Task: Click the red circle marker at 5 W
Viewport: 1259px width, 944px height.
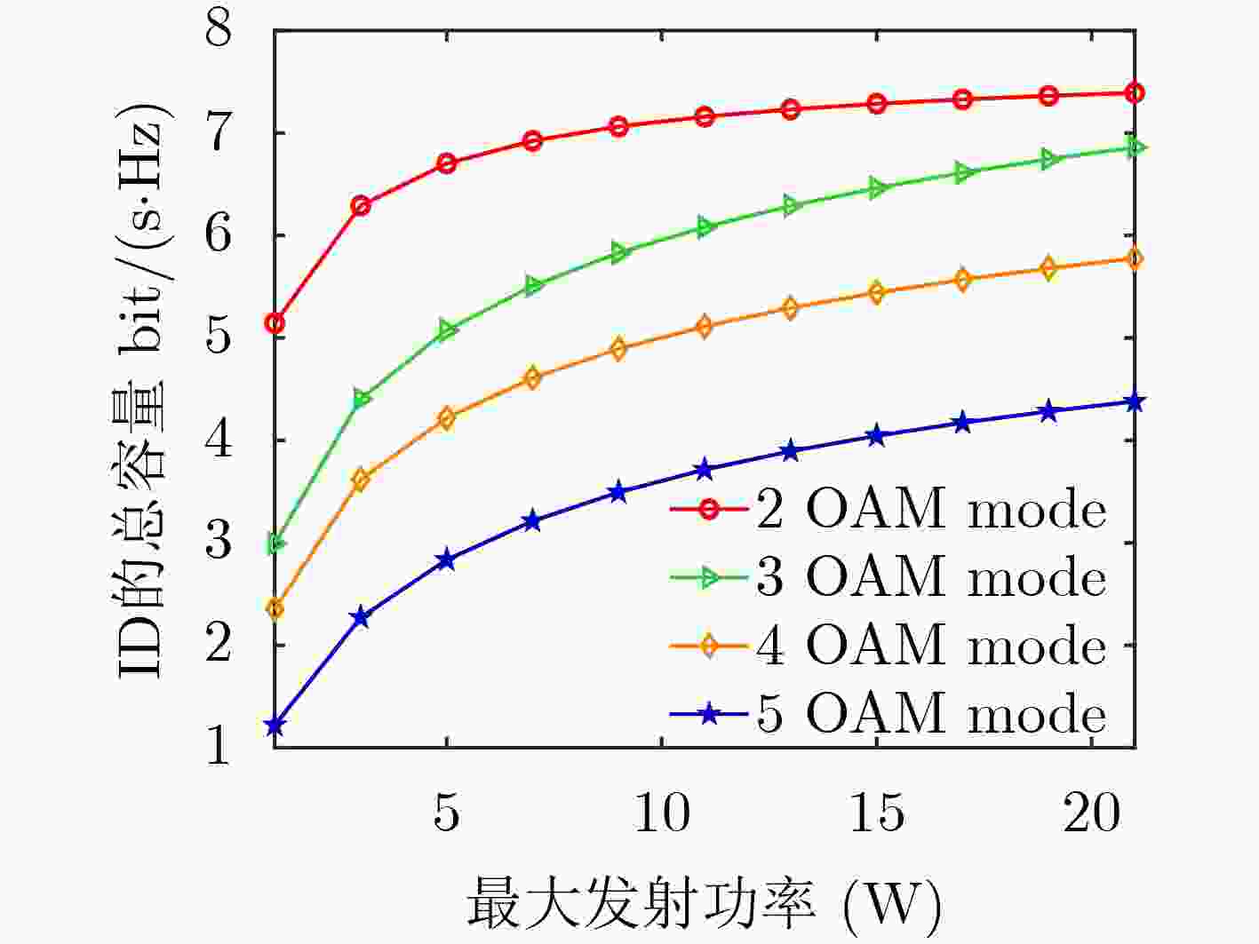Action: (446, 163)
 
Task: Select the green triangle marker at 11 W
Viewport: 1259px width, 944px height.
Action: (705, 227)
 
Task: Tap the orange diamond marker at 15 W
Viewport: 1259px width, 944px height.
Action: (877, 293)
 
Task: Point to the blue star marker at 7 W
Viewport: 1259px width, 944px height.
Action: (532, 521)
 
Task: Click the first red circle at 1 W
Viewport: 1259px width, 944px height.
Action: (275, 323)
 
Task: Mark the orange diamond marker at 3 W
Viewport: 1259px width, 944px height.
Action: (361, 480)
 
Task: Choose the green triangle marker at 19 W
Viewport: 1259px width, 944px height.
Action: (1049, 160)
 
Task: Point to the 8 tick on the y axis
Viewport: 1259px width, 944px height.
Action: (219, 31)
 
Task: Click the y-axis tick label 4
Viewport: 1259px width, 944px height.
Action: (219, 440)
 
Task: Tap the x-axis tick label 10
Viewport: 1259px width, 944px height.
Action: (662, 812)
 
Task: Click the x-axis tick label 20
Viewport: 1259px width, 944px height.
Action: (1092, 812)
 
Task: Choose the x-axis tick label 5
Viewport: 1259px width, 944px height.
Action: (446, 812)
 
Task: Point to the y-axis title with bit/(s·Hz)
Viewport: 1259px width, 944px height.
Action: (142, 391)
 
